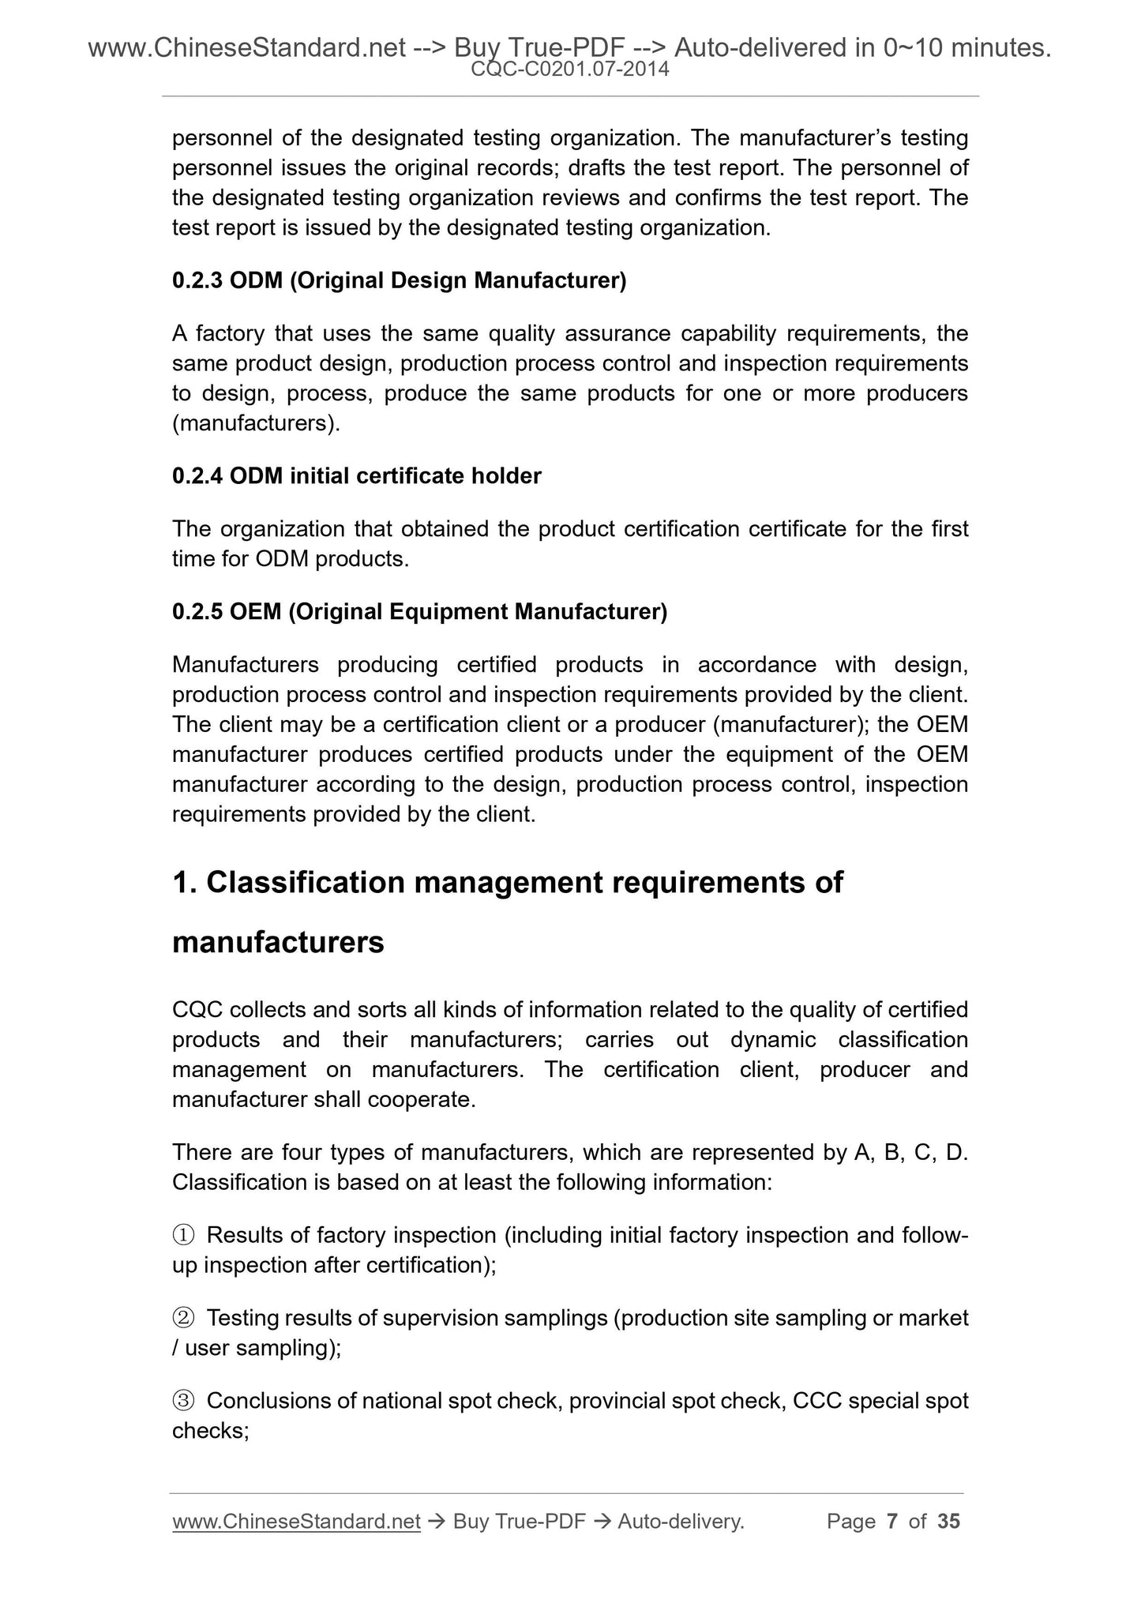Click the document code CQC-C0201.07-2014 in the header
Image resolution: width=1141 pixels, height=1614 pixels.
(569, 69)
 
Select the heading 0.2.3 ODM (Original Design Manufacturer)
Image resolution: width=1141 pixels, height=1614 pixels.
(399, 280)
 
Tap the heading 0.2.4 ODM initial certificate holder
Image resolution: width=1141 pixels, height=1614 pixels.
(356, 476)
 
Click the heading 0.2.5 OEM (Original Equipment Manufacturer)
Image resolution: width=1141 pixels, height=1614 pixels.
(419, 612)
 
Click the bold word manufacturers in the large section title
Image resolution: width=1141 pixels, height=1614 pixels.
(278, 942)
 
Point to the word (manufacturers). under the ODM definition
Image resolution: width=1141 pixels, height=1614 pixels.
(257, 423)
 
